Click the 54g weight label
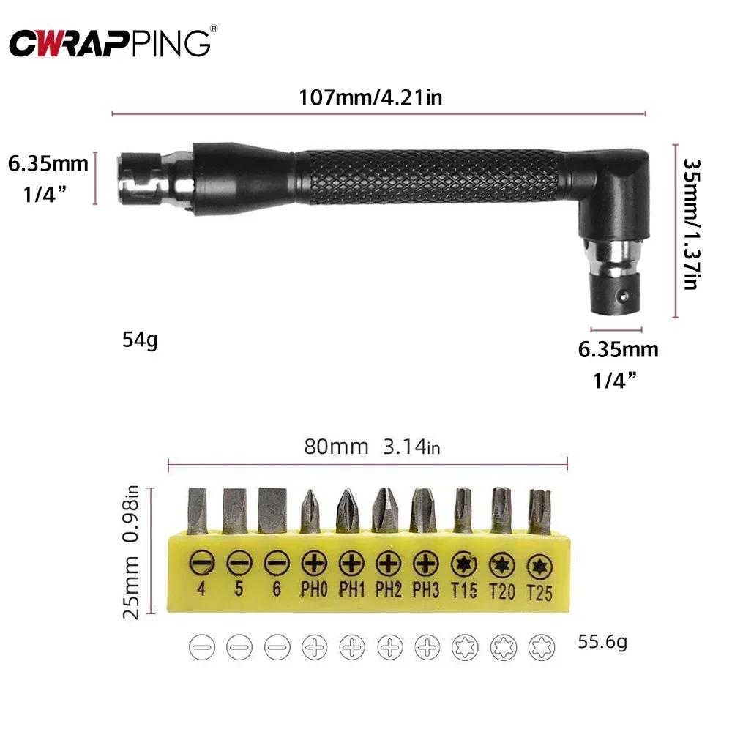(140, 340)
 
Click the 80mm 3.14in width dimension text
(372, 447)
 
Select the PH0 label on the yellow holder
(314, 589)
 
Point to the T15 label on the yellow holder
(463, 589)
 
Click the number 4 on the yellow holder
(200, 588)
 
